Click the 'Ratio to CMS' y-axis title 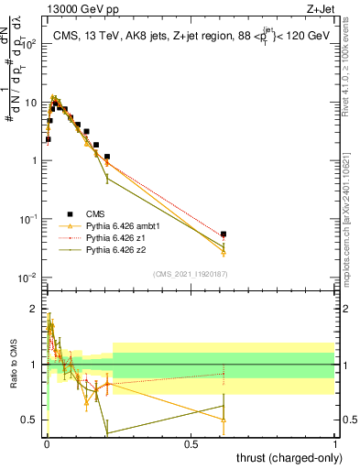coord(12,365)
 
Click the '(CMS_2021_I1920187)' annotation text coord(191,274)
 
